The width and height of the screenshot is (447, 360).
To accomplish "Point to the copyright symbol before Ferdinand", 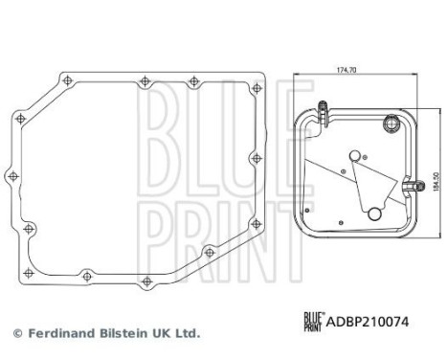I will pos(16,334).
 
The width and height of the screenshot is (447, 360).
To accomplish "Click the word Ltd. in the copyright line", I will pos(185,334).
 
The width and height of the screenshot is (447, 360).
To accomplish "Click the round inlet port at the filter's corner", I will pos(390,122).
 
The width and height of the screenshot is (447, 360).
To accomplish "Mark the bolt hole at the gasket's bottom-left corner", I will pos(29,228).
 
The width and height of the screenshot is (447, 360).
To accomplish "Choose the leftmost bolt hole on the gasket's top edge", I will pos(65,79).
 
